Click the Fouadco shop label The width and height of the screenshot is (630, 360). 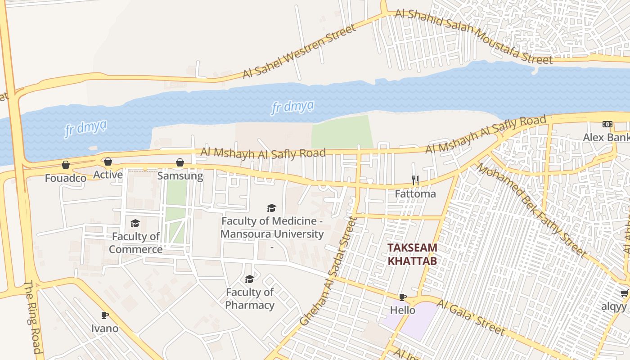66,178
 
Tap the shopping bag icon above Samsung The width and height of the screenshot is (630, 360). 180,162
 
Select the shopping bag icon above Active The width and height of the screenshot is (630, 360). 108,162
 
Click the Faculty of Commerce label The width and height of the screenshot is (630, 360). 135,243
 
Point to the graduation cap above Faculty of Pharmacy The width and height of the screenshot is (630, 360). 249,279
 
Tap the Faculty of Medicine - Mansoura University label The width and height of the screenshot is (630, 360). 272,228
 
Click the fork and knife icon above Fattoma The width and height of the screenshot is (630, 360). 415,180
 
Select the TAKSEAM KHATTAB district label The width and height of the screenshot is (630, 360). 413,254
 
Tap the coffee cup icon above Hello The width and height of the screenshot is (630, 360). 403,297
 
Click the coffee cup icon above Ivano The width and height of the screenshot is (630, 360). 105,315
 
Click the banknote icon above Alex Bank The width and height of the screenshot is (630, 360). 607,124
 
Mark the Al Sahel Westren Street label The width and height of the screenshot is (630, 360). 299,51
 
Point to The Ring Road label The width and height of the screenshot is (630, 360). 33,317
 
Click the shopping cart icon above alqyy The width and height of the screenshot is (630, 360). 624,293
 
